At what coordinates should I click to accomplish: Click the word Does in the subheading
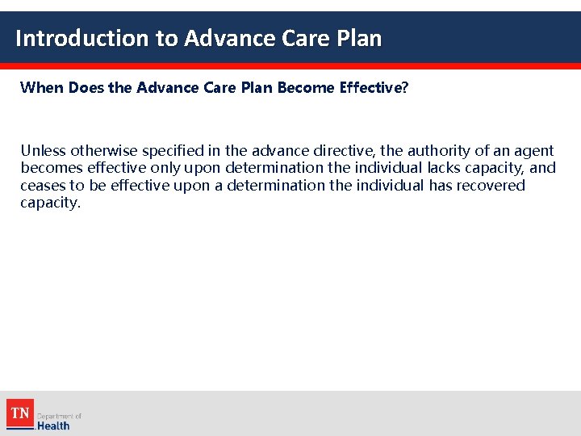point(86,87)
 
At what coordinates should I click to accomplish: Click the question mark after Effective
point(405,87)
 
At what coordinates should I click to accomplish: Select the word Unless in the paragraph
point(44,150)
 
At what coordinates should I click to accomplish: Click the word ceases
point(43,186)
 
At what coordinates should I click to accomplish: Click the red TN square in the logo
point(20,413)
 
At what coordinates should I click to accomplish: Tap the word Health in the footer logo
point(53,426)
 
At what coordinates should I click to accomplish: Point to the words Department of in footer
point(60,416)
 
